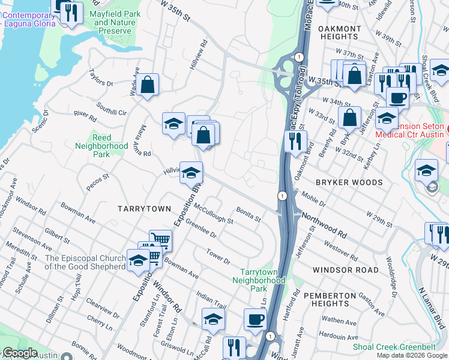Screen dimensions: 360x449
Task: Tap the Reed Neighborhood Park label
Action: pyautogui.click(x=101, y=146)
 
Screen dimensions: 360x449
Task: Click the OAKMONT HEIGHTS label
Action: pyautogui.click(x=339, y=32)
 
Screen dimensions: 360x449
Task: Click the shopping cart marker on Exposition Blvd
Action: pyautogui.click(x=160, y=240)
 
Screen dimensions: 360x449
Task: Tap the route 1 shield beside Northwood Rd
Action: pyautogui.click(x=281, y=196)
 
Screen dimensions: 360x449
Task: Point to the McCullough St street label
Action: pyautogui.click(x=214, y=212)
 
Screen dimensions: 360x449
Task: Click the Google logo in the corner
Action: pyautogui.click(x=20, y=353)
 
